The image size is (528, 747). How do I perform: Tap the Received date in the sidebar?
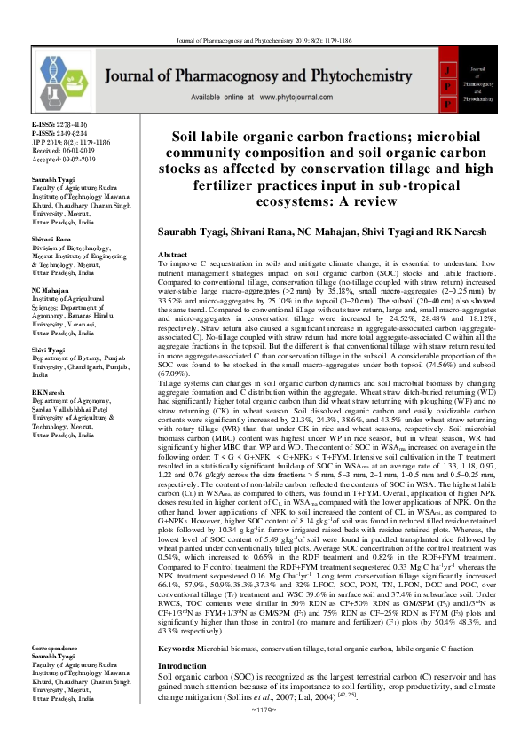(63, 150)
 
